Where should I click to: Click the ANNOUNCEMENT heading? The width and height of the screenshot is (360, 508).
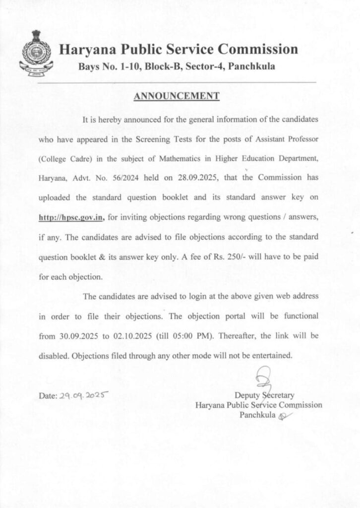(177, 96)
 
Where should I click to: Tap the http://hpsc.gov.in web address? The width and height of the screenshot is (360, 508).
(71, 217)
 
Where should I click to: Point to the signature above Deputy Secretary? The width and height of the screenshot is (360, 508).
(262, 379)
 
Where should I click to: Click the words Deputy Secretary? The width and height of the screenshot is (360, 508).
(264, 395)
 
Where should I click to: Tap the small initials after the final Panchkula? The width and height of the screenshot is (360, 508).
(283, 416)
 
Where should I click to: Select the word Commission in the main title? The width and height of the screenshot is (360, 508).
(258, 50)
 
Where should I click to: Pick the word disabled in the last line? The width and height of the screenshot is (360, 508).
(54, 355)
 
